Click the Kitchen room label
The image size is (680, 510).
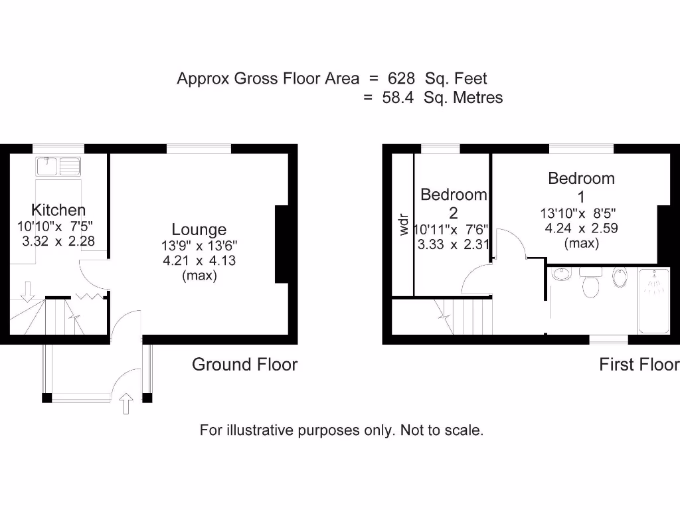(x=58, y=211)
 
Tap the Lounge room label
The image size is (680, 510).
(x=199, y=230)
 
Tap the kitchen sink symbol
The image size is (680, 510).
(x=59, y=165)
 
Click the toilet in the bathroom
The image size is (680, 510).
(x=589, y=284)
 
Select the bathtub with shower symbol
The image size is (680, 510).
(x=654, y=301)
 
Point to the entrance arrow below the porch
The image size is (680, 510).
(x=126, y=402)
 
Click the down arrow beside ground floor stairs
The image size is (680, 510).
(x=27, y=291)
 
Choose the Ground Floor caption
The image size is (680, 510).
(x=244, y=365)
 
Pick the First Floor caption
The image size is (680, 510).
(x=639, y=365)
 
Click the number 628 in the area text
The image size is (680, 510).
(x=401, y=78)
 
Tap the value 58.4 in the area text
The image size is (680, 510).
(x=398, y=98)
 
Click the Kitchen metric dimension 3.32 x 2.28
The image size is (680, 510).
(x=58, y=241)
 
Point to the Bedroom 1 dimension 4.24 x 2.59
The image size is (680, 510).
(x=581, y=228)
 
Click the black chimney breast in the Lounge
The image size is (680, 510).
(x=282, y=245)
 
